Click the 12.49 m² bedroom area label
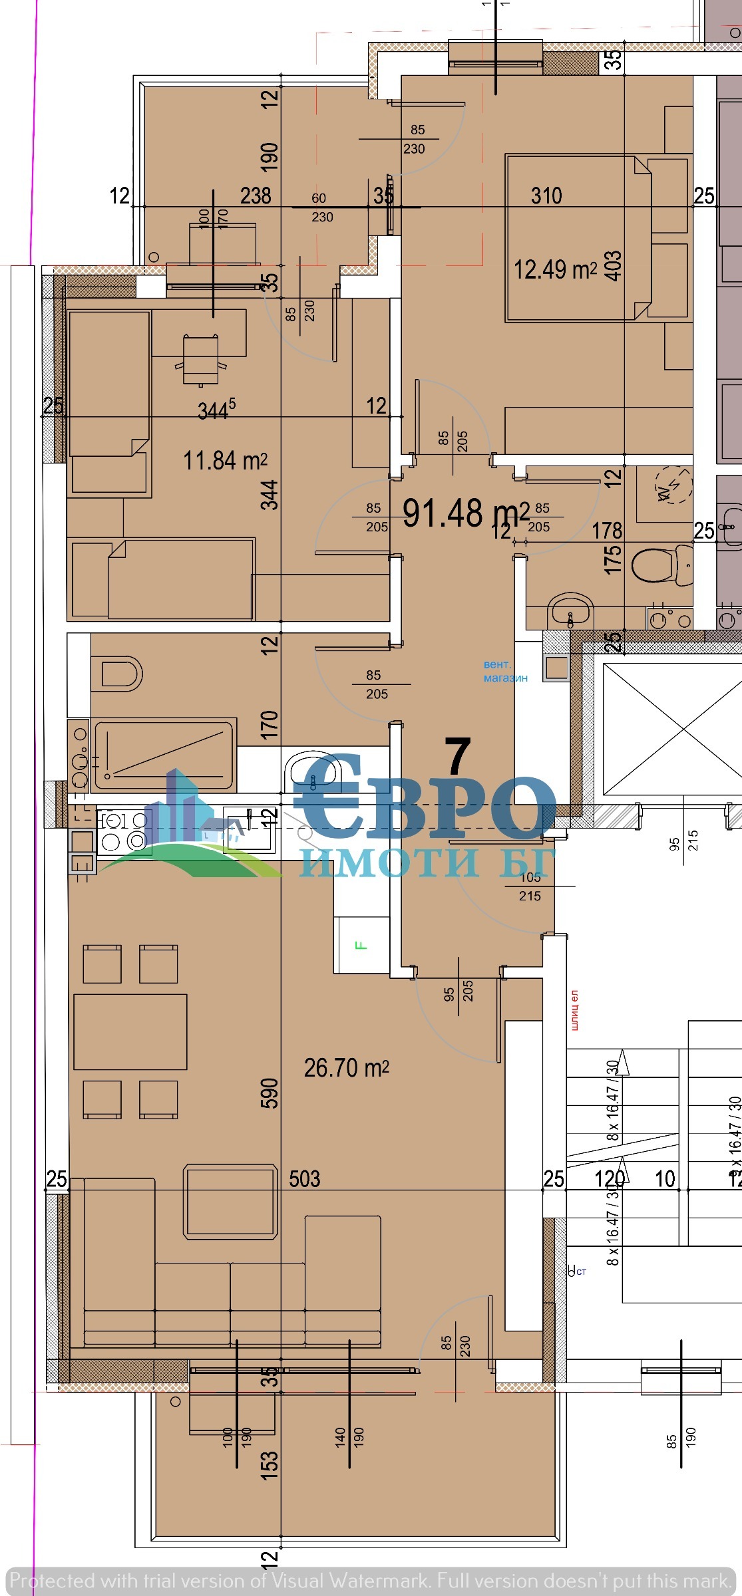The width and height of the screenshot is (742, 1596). click(554, 269)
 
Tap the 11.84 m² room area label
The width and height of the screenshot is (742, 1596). click(225, 460)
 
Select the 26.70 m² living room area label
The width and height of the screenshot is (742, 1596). click(346, 1068)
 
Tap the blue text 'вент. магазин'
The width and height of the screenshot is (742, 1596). click(505, 671)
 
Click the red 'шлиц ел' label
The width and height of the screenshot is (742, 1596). click(574, 1010)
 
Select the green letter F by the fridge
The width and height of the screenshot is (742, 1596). click(362, 945)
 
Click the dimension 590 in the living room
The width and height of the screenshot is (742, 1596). click(270, 1093)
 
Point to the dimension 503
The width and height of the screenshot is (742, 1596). click(305, 1179)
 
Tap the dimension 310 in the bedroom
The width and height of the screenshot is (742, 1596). click(546, 196)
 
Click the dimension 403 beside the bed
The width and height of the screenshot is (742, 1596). click(613, 265)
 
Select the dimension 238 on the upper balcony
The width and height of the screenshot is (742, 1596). click(256, 196)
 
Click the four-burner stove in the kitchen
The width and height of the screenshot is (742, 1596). click(123, 831)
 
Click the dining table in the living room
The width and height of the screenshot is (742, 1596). click(130, 1031)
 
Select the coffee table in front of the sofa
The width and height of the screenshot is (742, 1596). click(230, 1200)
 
